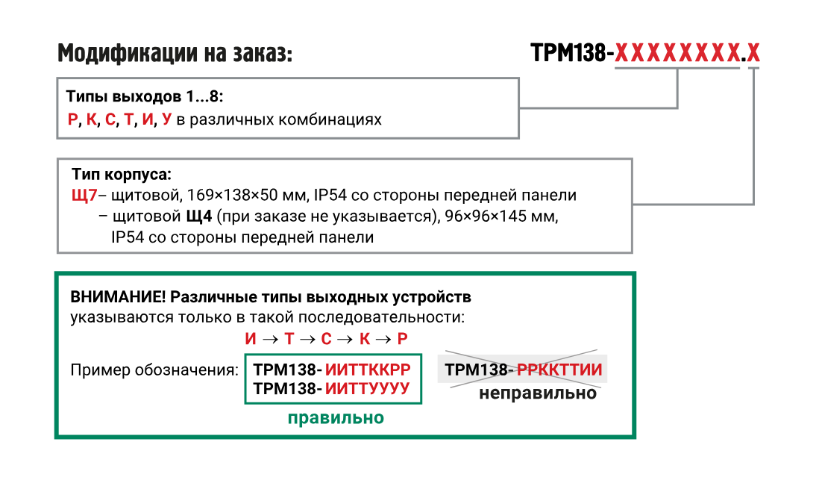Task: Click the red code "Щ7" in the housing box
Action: [x=84, y=196]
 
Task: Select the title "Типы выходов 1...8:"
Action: [x=145, y=97]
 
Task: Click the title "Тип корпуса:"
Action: [x=122, y=175]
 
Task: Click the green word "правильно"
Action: [x=336, y=418]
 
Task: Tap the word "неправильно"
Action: [x=537, y=393]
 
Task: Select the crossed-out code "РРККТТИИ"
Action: [x=559, y=370]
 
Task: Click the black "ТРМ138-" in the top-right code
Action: [x=572, y=54]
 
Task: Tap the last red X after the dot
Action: [x=753, y=54]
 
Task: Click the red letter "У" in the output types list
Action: [x=166, y=119]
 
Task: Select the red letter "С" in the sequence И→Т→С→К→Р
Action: [x=326, y=339]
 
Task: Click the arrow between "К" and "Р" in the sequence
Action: [x=383, y=339]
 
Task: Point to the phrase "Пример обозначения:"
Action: [x=154, y=370]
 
